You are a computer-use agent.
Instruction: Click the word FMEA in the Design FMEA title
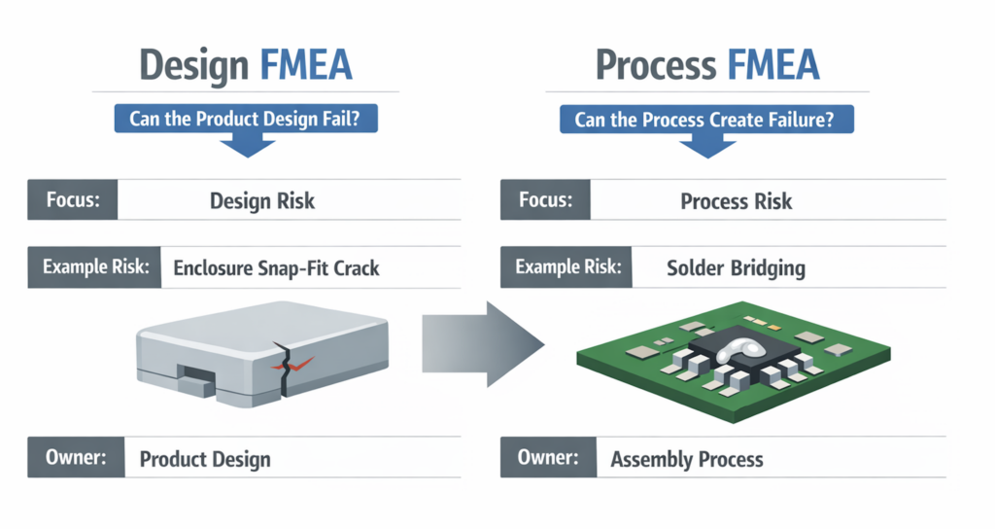pos(306,65)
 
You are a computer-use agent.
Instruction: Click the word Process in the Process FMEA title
pos(656,65)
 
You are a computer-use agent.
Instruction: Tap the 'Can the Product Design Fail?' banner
pos(246,119)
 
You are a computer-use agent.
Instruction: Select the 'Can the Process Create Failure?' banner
pos(706,120)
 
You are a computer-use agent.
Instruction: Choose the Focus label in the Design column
pos(72,200)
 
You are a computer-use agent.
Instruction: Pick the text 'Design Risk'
pos(262,200)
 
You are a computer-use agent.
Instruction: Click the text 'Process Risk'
pos(737,201)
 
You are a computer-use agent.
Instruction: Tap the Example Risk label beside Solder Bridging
pos(566,266)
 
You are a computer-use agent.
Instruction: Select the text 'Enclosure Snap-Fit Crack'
pos(276,268)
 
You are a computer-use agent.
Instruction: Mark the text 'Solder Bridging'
pos(737,268)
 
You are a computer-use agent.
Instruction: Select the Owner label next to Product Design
pos(76,457)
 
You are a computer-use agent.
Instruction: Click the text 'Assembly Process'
pos(687,459)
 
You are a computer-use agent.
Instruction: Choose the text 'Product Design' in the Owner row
pos(205,459)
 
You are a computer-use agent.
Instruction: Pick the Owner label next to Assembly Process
pos(548,457)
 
